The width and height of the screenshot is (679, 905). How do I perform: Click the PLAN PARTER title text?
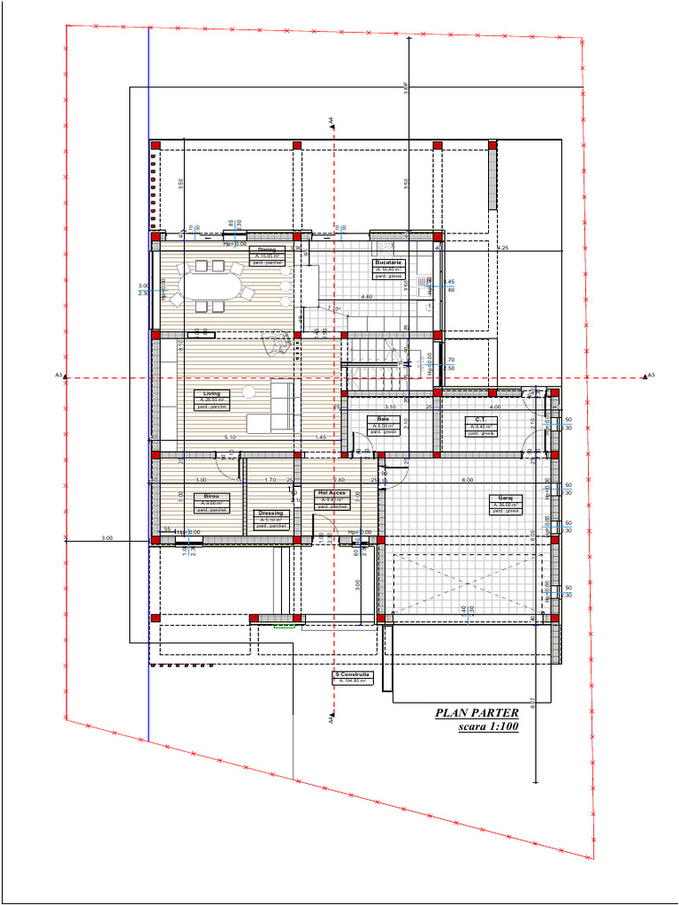click(x=477, y=713)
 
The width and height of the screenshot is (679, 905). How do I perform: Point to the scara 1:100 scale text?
click(x=488, y=727)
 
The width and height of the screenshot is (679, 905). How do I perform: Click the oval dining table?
click(x=210, y=285)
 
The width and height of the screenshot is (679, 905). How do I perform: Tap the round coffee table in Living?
click(x=250, y=392)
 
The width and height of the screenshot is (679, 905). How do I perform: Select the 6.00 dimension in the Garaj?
click(x=467, y=480)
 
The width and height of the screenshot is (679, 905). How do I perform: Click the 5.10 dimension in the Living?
click(x=230, y=437)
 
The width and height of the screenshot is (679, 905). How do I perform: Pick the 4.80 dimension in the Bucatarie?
click(x=367, y=297)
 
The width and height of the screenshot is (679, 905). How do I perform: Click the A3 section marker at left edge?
click(x=60, y=376)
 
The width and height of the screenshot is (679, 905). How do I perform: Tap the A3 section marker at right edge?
click(x=649, y=376)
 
